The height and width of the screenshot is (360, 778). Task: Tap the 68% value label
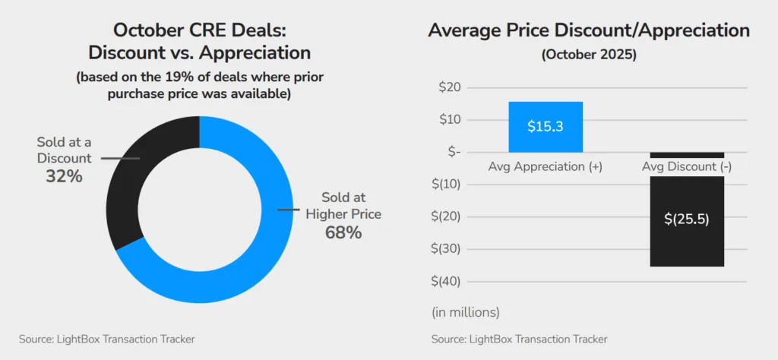[343, 232]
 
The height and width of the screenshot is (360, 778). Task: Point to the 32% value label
[64, 176]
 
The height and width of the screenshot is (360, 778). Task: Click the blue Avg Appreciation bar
[546, 126]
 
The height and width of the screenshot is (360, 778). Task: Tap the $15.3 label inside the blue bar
[546, 127]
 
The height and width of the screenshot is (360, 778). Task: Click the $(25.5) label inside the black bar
[687, 219]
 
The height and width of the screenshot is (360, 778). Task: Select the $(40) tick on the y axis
[446, 281]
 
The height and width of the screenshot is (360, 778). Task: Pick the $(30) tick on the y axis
[446, 249]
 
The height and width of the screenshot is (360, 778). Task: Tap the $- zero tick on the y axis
[454, 152]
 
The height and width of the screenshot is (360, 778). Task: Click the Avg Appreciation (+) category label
[546, 166]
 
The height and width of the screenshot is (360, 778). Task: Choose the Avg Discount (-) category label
[687, 166]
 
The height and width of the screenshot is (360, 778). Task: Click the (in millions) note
[466, 311]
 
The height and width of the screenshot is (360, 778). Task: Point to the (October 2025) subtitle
[588, 55]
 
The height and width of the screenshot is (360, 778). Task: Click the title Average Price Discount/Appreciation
[588, 30]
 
